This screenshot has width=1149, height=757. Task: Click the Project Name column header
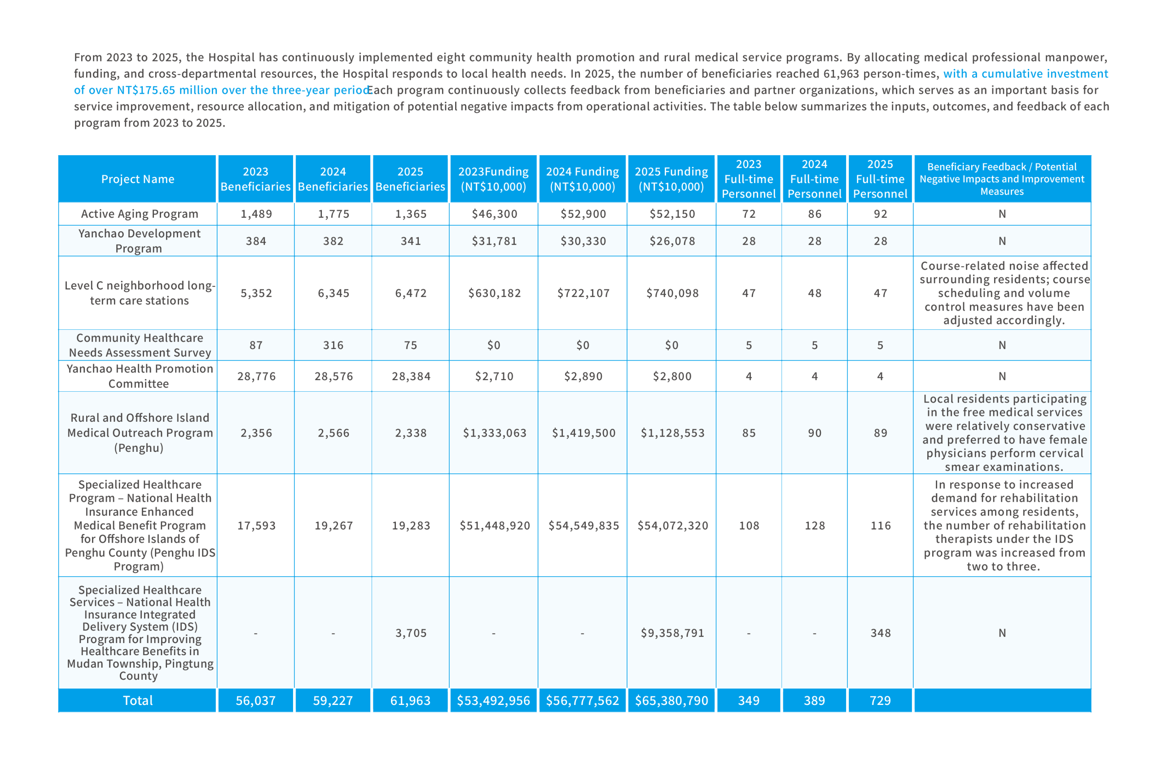tap(138, 179)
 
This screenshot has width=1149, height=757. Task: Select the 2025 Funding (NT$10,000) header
tap(671, 179)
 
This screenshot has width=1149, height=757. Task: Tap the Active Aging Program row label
tap(140, 214)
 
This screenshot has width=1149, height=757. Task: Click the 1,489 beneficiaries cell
tap(256, 214)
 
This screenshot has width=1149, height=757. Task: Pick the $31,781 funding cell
tap(494, 241)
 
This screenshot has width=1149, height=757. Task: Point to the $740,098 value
tap(672, 293)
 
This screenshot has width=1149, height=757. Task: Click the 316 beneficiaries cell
tap(333, 345)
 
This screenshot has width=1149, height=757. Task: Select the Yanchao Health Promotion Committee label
tap(140, 376)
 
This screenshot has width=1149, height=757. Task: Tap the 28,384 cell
tap(411, 376)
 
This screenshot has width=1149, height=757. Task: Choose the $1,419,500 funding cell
tap(583, 433)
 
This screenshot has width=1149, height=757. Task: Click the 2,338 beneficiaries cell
tap(411, 433)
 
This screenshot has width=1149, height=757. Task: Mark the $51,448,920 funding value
tap(494, 525)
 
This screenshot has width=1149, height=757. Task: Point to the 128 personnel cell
tap(815, 525)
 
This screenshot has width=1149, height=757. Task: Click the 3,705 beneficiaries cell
tap(411, 633)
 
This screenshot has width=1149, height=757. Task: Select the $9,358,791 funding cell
tap(672, 633)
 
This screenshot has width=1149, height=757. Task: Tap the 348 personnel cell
tap(880, 633)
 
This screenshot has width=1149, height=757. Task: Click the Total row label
tap(138, 700)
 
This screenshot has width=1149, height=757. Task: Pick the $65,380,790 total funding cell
tap(671, 700)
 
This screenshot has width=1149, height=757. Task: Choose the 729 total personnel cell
tap(880, 700)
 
